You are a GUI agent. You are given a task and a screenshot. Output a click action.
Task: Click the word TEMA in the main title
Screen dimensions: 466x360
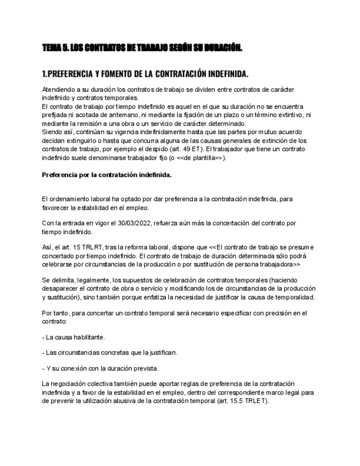point(51,48)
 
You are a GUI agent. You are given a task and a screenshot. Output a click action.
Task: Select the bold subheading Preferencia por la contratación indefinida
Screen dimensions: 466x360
point(107,175)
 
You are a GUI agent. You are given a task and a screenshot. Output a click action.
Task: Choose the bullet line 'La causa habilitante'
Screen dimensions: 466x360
point(74,336)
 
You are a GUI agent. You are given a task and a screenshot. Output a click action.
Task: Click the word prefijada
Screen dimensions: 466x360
point(54,114)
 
